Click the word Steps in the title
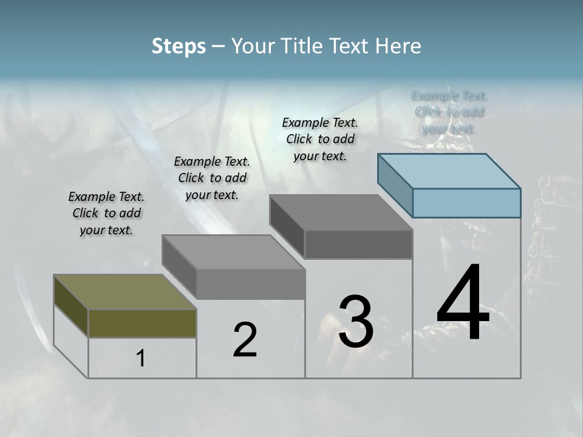179,46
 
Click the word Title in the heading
303,46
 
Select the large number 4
463,304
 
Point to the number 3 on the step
356,322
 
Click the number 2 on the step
245,340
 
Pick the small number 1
141,359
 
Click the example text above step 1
106,213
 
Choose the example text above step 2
212,178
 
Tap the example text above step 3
320,139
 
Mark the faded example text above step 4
449,112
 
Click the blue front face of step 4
466,203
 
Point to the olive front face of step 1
142,323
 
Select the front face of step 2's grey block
250,284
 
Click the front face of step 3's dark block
358,244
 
